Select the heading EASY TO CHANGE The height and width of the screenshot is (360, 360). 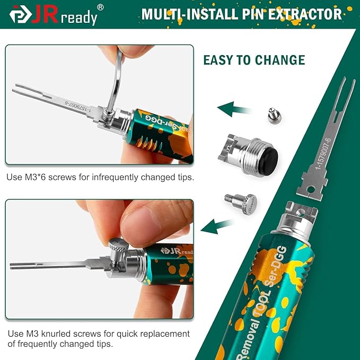(254, 60)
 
